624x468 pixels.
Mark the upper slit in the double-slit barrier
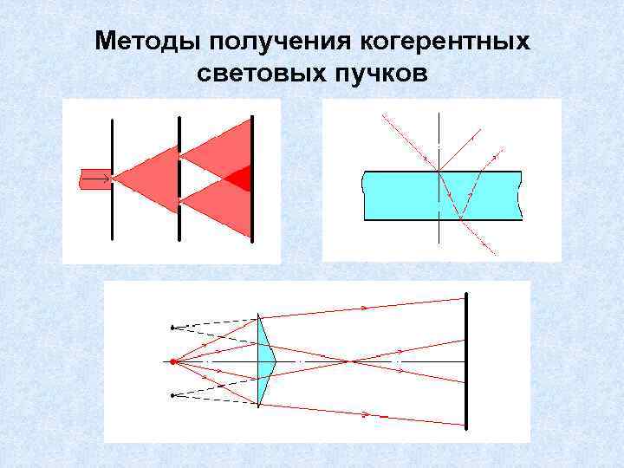tap(179, 157)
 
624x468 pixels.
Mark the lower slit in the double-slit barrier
tap(179, 200)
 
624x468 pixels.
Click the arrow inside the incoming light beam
tap(98, 179)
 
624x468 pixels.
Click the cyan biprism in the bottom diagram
tap(263, 360)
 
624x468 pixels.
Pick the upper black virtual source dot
tap(172, 327)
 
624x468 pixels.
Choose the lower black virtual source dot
tap(172, 395)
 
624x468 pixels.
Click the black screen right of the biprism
tap(466, 361)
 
